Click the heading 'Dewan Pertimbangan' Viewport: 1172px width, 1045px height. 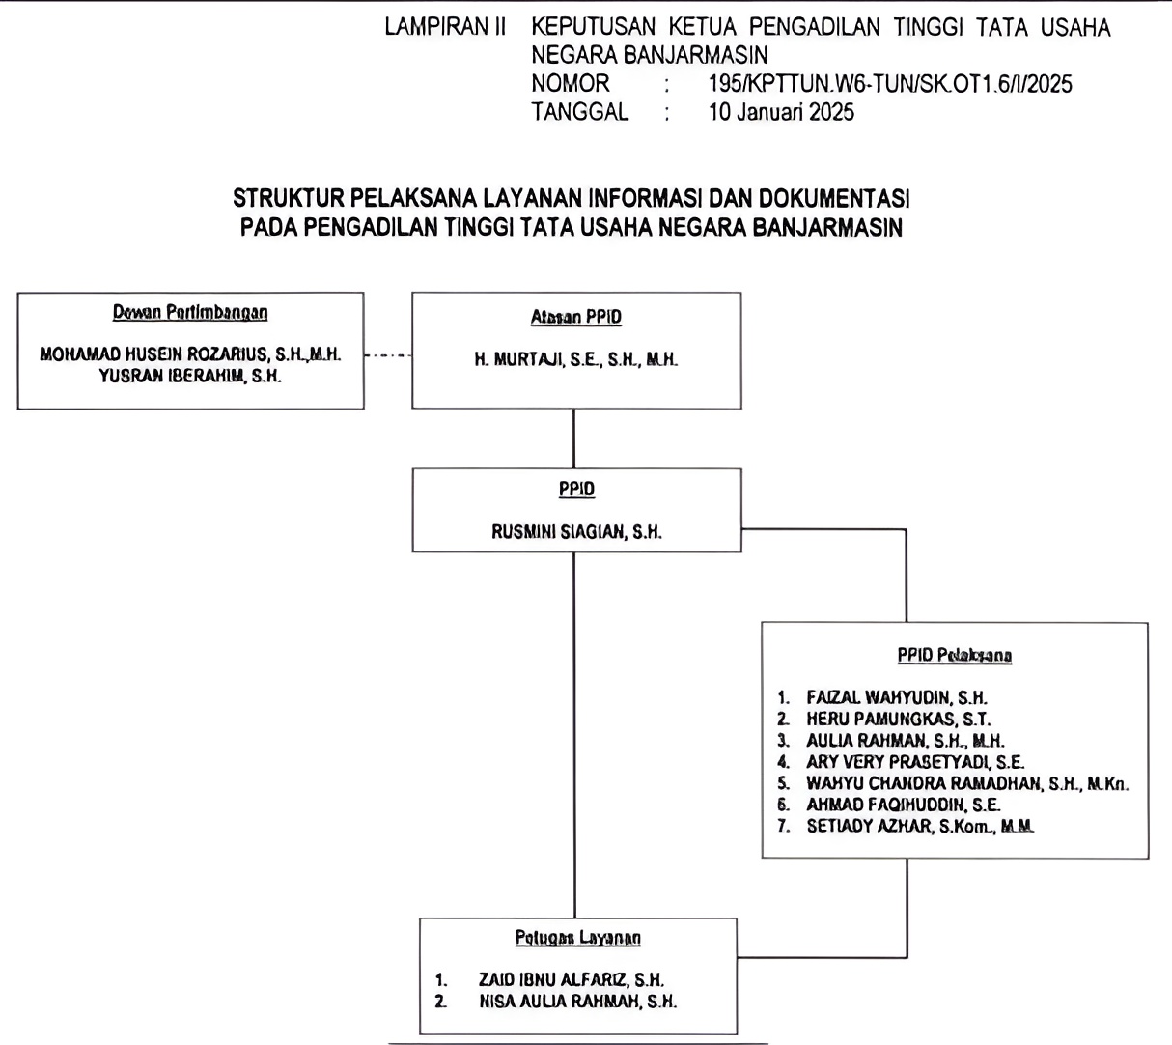(x=190, y=312)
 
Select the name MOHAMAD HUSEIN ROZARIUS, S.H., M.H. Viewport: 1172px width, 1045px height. (x=190, y=354)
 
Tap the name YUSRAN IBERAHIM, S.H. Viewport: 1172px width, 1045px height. (x=190, y=377)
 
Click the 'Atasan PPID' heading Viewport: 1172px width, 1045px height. (x=576, y=317)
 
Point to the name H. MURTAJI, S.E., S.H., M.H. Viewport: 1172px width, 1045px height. (x=576, y=359)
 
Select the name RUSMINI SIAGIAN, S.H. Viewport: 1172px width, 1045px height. (x=576, y=531)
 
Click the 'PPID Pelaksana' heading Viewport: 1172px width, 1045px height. (x=954, y=655)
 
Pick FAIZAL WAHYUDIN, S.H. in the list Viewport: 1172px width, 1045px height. (x=897, y=697)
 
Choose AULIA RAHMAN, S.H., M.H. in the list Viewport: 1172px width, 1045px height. (x=905, y=741)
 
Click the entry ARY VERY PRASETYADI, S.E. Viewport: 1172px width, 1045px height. (x=915, y=762)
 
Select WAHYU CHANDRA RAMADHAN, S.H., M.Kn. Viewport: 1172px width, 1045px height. (x=966, y=783)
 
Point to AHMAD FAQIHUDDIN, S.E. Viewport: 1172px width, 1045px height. (x=903, y=805)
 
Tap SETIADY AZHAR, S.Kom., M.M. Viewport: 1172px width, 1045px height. (x=919, y=826)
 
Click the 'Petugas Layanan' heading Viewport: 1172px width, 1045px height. (x=577, y=937)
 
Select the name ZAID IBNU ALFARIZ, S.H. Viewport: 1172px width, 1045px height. (x=571, y=979)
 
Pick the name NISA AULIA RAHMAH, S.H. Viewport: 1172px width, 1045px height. (x=577, y=1002)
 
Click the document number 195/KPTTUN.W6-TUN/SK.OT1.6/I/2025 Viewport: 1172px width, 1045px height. (x=889, y=84)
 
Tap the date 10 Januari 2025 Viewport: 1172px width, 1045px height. (x=781, y=112)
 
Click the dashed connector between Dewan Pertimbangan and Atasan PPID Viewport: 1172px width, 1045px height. (x=388, y=355)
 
